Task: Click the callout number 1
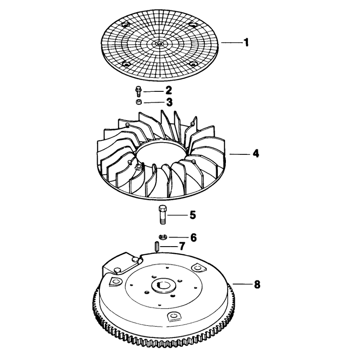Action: (x=246, y=42)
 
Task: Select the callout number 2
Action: (x=168, y=91)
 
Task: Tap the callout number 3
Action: (x=169, y=102)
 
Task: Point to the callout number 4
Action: (x=256, y=153)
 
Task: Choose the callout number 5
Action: (x=193, y=215)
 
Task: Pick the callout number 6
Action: (x=193, y=238)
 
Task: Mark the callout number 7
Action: (x=182, y=247)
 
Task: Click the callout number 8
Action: (x=257, y=285)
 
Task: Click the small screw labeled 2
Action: (x=138, y=91)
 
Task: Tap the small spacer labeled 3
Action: (x=139, y=102)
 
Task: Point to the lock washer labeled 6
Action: (x=163, y=237)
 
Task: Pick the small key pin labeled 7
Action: (x=157, y=246)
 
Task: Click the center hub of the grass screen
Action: (x=159, y=43)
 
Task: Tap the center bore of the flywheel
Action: (x=164, y=285)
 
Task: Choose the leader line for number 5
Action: (x=178, y=215)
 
